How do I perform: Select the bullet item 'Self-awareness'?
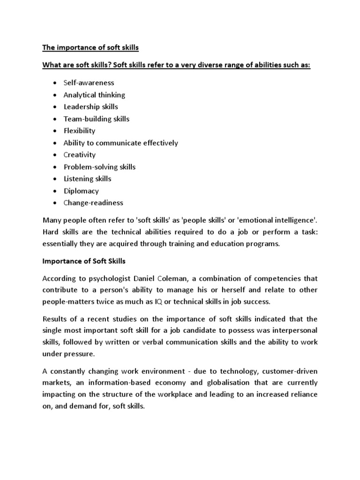tap(89, 82)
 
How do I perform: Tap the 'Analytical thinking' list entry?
tap(94, 95)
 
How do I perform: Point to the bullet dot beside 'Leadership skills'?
tap(54, 107)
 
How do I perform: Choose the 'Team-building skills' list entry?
tap(96, 119)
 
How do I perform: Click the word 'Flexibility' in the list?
tap(79, 131)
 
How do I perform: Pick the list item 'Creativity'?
tap(79, 155)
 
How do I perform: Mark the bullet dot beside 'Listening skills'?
tap(54, 179)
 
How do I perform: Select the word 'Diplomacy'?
tap(81, 191)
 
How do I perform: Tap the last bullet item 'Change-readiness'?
tap(93, 203)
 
